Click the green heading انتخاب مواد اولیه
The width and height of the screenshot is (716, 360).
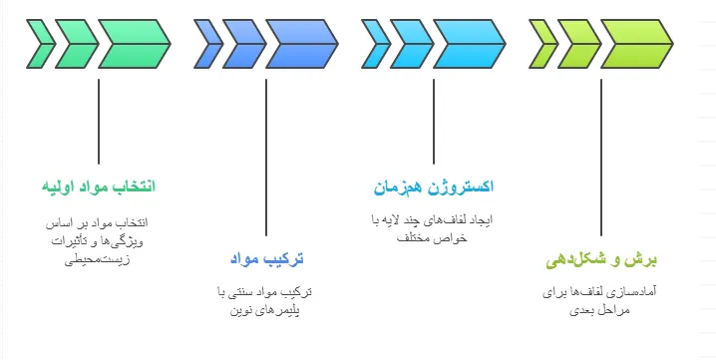[x=99, y=186]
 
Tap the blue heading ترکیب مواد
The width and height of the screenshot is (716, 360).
[x=266, y=259]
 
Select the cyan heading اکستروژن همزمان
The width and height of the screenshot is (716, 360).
[x=434, y=186]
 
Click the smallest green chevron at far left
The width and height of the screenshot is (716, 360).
[x=42, y=41]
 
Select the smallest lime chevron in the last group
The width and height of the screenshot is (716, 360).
[x=544, y=41]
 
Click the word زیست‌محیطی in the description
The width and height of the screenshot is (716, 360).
[x=99, y=260]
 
